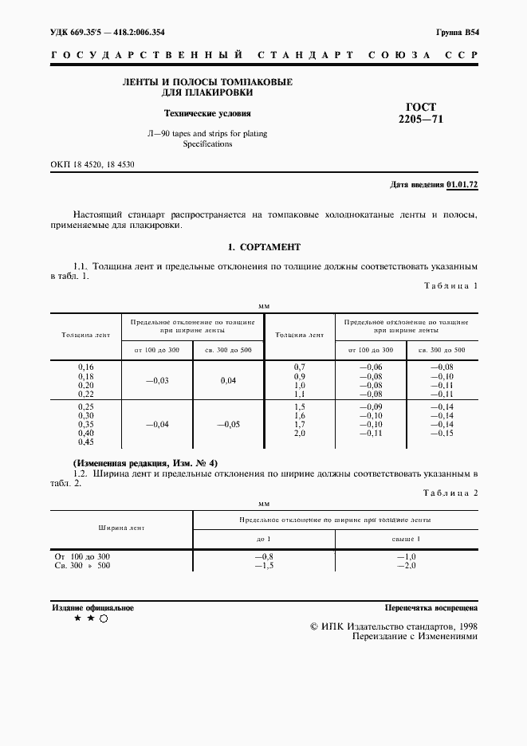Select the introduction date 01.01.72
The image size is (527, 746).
click(462, 185)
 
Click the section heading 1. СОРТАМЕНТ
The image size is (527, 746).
click(263, 247)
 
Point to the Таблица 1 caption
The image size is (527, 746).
click(450, 285)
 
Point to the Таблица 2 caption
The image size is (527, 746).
click(450, 493)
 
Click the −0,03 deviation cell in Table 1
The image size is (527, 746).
click(156, 380)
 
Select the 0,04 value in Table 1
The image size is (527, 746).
click(228, 380)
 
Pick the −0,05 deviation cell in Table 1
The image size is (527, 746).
click(228, 425)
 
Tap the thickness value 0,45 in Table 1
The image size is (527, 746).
click(85, 442)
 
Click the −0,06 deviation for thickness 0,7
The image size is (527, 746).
click(371, 367)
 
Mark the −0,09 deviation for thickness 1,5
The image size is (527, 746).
click(371, 406)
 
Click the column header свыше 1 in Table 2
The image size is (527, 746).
click(406, 540)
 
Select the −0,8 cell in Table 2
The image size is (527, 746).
click(263, 556)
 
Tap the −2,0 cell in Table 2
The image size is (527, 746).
click(406, 565)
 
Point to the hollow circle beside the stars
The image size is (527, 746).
click(104, 618)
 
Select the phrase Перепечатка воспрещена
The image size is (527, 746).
click(431, 607)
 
